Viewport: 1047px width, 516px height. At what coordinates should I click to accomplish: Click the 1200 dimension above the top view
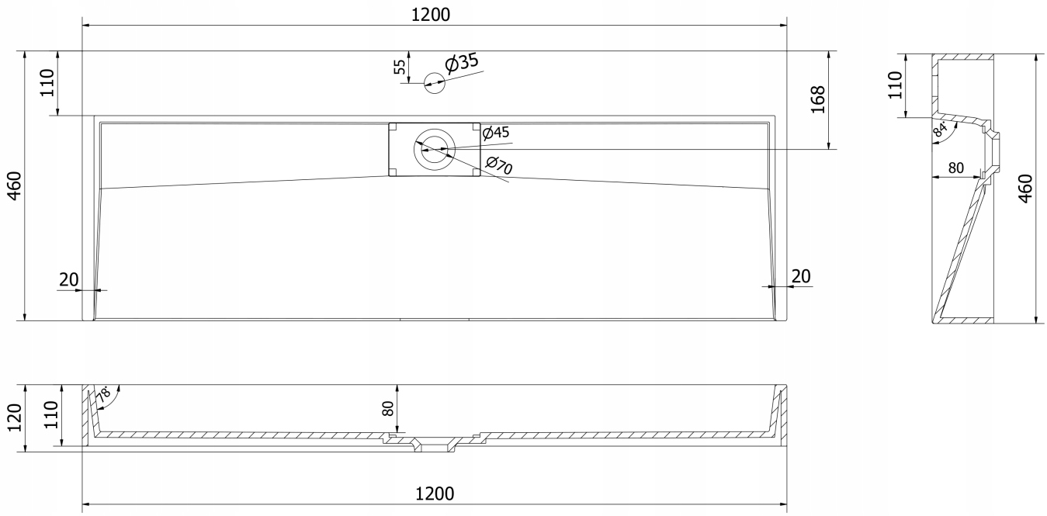tap(431, 15)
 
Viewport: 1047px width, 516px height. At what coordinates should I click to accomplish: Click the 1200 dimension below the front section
tap(435, 493)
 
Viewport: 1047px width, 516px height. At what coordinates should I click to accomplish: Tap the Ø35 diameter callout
tap(462, 63)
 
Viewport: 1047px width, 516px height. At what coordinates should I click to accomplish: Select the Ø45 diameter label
tap(496, 133)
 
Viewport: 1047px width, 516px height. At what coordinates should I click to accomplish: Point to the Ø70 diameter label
tap(499, 165)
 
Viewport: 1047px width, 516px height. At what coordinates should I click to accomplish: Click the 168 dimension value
tap(818, 99)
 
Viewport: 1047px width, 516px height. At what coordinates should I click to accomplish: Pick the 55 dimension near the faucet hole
tap(400, 67)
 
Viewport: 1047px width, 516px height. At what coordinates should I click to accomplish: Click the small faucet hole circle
tap(434, 83)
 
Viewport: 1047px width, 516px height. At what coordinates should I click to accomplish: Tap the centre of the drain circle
tap(434, 150)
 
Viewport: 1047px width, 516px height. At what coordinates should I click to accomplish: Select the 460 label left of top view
tap(15, 186)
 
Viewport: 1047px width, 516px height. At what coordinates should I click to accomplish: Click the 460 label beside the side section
tap(1025, 189)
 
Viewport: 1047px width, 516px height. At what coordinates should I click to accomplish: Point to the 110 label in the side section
tap(895, 85)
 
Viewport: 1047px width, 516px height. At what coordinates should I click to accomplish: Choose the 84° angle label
tap(940, 129)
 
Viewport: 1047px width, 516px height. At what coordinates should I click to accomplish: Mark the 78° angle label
tap(104, 394)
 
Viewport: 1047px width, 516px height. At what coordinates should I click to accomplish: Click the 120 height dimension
tap(15, 418)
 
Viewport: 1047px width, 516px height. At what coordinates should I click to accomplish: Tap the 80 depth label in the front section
tap(388, 409)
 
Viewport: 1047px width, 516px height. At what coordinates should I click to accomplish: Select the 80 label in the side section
tap(956, 168)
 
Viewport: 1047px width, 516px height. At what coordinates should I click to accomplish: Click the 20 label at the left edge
tap(69, 279)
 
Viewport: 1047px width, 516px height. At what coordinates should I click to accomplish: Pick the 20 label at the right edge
tap(801, 277)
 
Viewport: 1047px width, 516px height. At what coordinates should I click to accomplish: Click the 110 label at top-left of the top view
tap(47, 83)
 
